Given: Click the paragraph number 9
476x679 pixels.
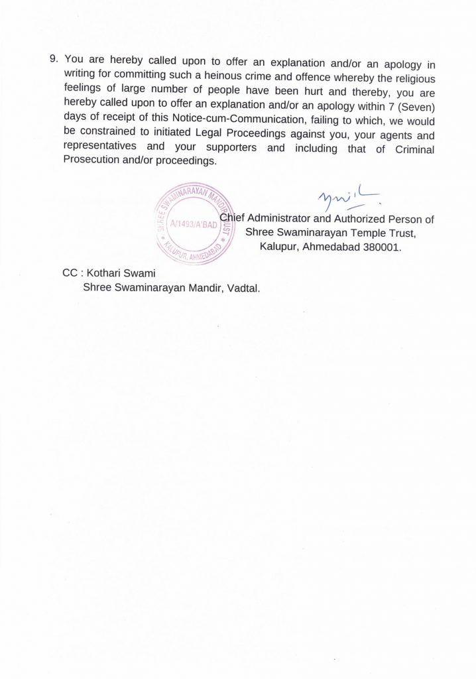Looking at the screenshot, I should coord(54,58).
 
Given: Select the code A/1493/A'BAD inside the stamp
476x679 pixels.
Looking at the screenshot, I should coord(189,225).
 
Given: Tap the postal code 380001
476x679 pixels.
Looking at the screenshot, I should coord(381,246).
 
